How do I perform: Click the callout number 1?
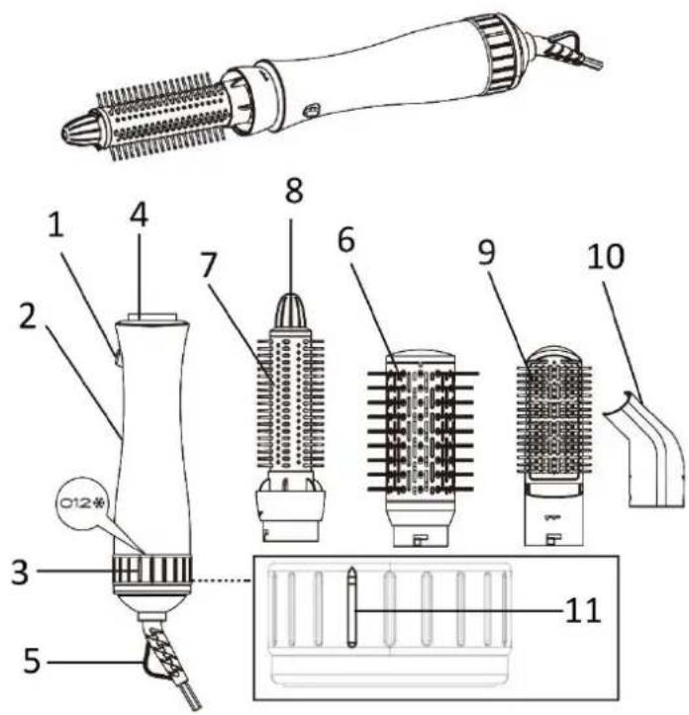click(56, 225)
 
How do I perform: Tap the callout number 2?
click(28, 316)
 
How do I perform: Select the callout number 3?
click(20, 572)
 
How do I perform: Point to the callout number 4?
click(139, 216)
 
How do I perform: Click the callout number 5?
click(32, 662)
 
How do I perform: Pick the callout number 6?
click(346, 240)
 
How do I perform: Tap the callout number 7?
click(208, 265)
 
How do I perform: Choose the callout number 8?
click(294, 190)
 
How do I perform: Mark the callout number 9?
click(487, 252)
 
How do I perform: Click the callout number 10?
click(606, 256)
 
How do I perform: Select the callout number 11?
click(583, 610)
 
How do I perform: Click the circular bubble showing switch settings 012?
click(82, 503)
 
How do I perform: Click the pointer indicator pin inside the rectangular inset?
click(351, 607)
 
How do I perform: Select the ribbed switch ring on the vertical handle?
click(152, 570)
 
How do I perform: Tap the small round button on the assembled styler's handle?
click(312, 111)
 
